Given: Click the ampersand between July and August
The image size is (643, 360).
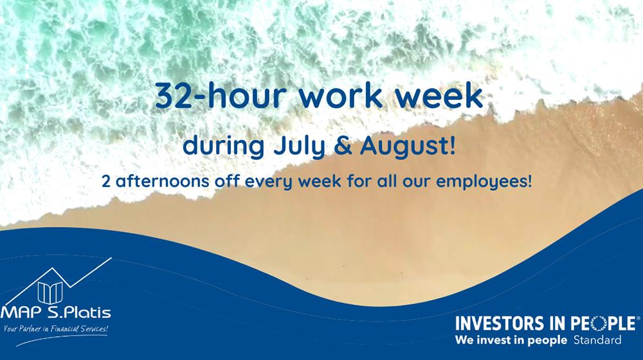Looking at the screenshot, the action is [343, 147].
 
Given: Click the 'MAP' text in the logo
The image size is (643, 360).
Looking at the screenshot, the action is [22, 313].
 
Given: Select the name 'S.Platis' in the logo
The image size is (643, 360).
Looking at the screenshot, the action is [79, 312].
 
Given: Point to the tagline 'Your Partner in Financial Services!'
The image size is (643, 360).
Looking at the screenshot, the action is [56, 329].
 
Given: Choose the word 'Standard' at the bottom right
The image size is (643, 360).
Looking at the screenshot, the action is [597, 340].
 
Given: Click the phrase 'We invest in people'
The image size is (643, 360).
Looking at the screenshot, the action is [511, 340].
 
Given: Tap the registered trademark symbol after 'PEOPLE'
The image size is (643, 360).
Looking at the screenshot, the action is [638, 318].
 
